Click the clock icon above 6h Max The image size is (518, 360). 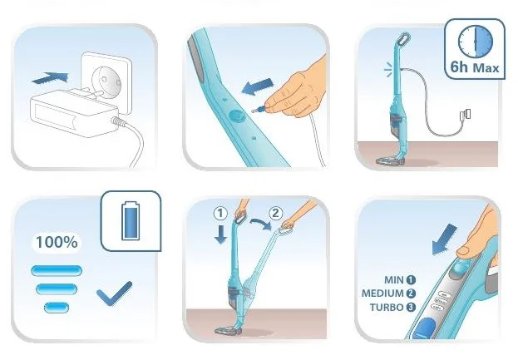(x=475, y=41)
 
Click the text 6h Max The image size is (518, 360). (x=475, y=67)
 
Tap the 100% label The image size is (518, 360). (x=57, y=242)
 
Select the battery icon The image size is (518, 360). (x=131, y=220)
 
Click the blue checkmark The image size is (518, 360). (x=114, y=293)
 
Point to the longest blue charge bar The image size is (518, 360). (x=57, y=270)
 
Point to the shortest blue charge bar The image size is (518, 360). (x=57, y=308)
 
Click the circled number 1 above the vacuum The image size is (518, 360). (x=220, y=214)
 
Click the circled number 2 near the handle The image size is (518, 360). (x=276, y=213)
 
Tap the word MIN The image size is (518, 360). (x=394, y=280)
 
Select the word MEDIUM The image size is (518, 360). (x=382, y=293)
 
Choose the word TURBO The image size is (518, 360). (x=387, y=308)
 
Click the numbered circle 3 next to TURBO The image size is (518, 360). (x=411, y=308)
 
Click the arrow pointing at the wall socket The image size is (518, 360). (x=50, y=78)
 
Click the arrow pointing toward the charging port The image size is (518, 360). (x=258, y=86)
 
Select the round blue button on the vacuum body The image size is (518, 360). (x=236, y=116)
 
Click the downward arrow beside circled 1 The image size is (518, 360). (x=220, y=234)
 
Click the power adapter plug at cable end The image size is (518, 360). (x=466, y=115)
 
